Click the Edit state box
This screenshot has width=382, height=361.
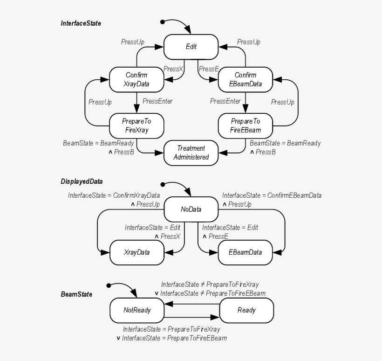point(191,47)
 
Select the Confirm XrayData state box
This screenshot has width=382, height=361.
point(136,79)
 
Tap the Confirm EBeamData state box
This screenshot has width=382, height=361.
point(246,79)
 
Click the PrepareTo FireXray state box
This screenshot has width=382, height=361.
point(136,125)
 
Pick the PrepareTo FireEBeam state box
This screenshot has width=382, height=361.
point(246,125)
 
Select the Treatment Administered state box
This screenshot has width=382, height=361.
point(191,153)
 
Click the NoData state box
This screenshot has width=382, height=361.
point(191,209)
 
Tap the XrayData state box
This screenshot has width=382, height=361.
point(136,252)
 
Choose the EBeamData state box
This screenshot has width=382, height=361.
point(246,252)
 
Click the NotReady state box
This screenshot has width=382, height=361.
point(137,310)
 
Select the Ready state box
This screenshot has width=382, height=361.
point(246,310)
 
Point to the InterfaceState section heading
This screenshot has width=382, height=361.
point(81,23)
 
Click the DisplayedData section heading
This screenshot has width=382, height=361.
point(82,181)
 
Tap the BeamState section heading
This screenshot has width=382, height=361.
point(76,294)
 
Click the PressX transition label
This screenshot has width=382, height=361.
point(173,69)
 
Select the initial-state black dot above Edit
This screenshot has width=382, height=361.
point(162,22)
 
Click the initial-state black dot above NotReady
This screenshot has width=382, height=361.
point(109,285)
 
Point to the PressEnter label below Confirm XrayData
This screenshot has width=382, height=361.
point(157,101)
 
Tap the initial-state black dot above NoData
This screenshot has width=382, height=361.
point(163,184)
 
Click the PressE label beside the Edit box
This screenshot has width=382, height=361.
point(209,69)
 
